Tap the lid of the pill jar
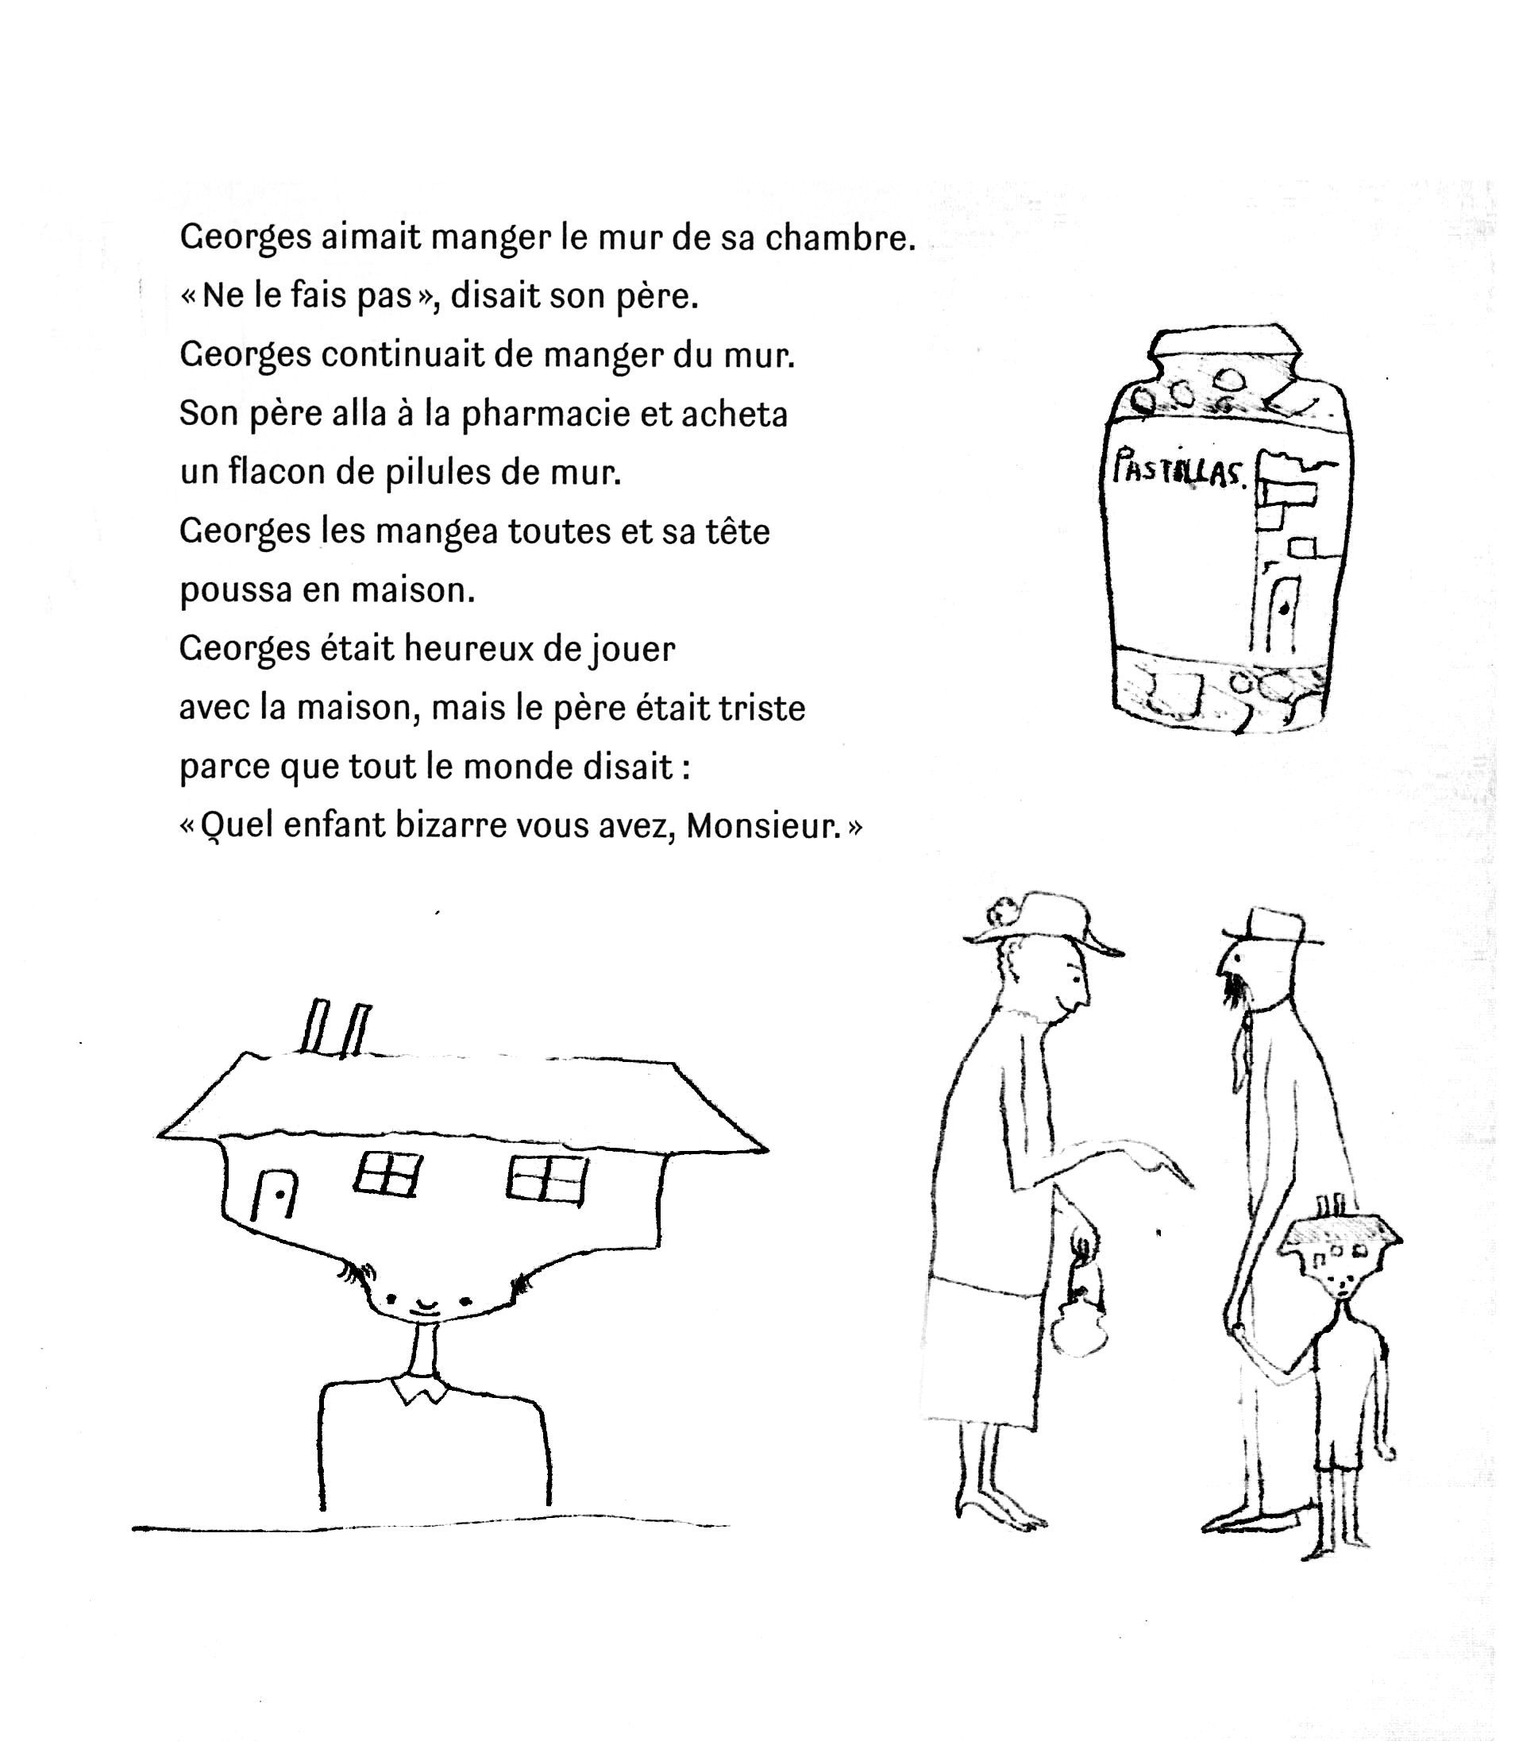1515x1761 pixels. click(1224, 345)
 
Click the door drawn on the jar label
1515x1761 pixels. click(1282, 611)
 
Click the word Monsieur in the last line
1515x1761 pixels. click(762, 826)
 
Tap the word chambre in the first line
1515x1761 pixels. click(839, 239)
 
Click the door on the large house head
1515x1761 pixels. click(275, 1194)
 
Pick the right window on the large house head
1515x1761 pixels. click(546, 1180)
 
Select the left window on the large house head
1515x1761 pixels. click(387, 1174)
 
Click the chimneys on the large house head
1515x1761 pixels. click(336, 1028)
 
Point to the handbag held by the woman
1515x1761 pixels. click(1077, 1335)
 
